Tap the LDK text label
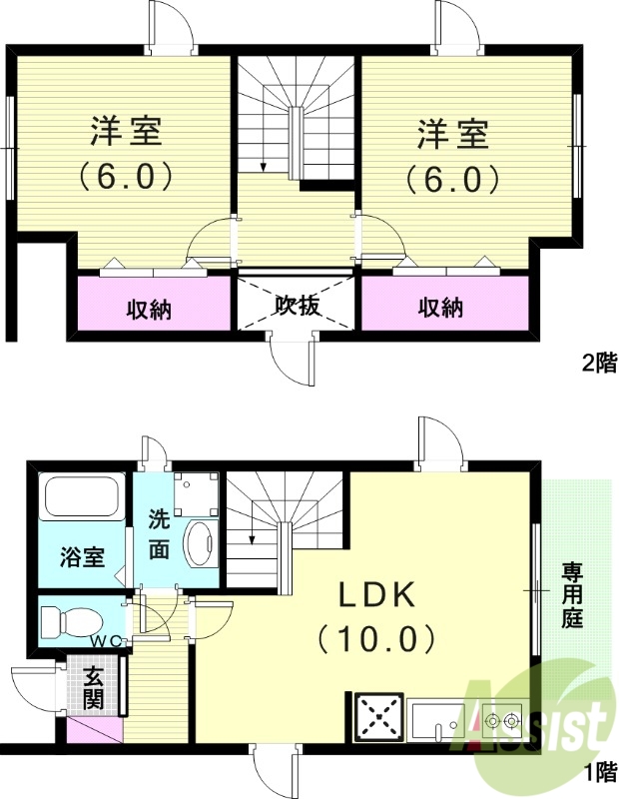pos(375,595)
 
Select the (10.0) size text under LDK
pos(375,636)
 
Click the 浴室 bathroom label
pos(82,556)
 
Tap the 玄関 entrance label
pos(93,687)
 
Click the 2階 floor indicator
pos(598,363)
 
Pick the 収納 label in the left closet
pos(149,309)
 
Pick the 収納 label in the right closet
pos(440,309)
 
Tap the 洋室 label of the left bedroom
pos(127,132)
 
